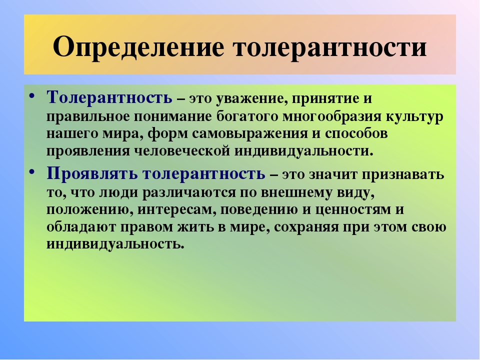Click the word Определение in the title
click(138, 47)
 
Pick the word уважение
click(252, 99)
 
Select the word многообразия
click(332, 117)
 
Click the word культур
click(414, 117)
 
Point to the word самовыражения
click(250, 134)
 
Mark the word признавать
click(403, 175)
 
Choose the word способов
click(356, 134)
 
